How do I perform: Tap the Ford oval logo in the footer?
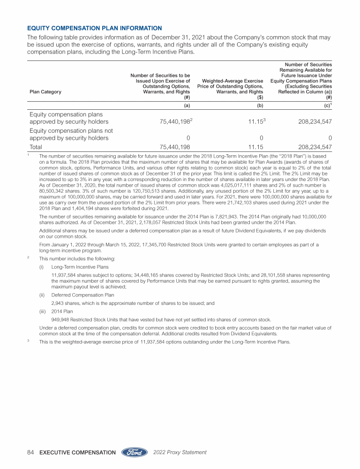pyautogui.click(x=135, y=452)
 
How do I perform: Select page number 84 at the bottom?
pyautogui.click(x=31, y=452)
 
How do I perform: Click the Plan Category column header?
pyautogui.click(x=45, y=92)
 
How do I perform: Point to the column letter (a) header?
pyautogui.click(x=187, y=106)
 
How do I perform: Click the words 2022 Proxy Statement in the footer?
pyautogui.click(x=180, y=452)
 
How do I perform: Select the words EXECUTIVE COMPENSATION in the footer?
pyautogui.click(x=78, y=453)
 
